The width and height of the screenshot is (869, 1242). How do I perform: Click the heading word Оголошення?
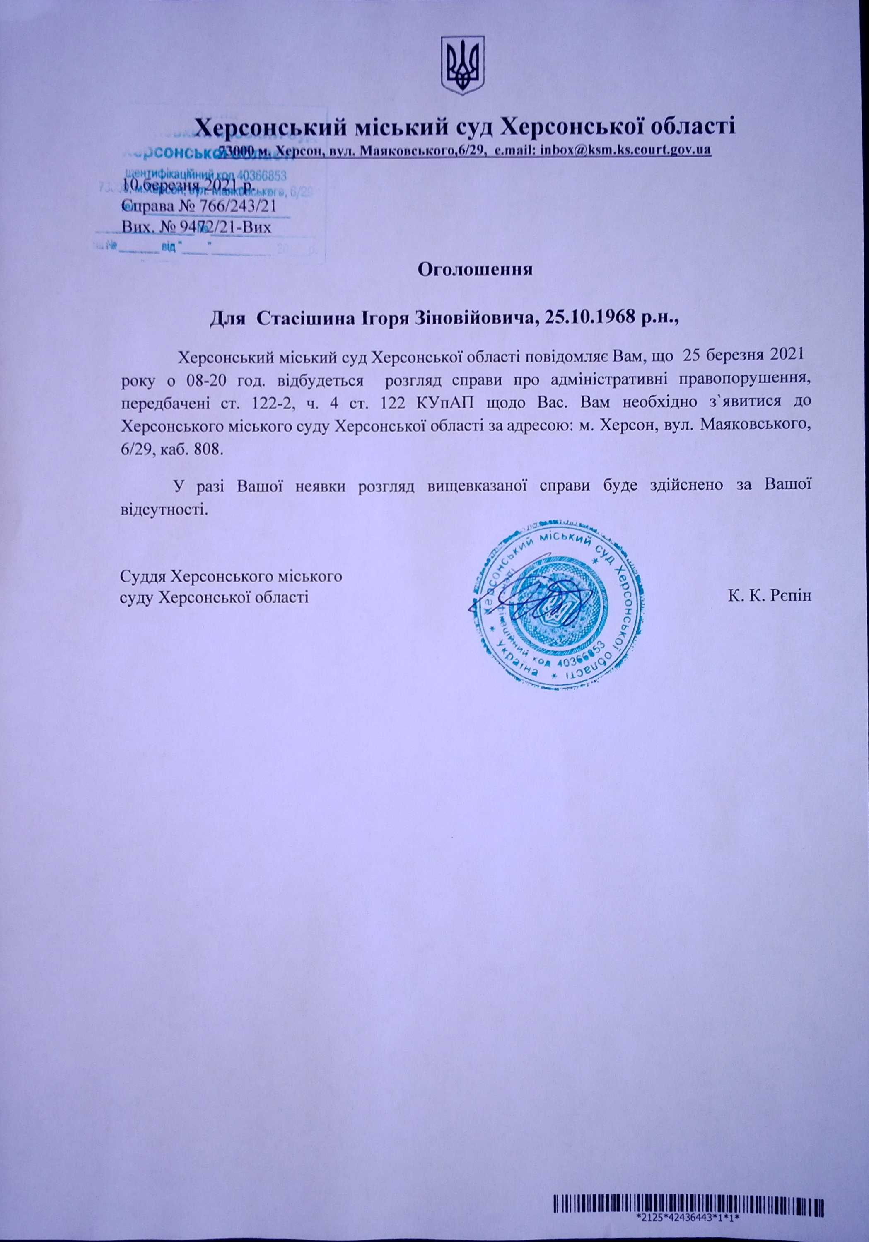click(x=476, y=269)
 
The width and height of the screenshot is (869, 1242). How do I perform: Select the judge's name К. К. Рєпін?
click(x=770, y=596)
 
